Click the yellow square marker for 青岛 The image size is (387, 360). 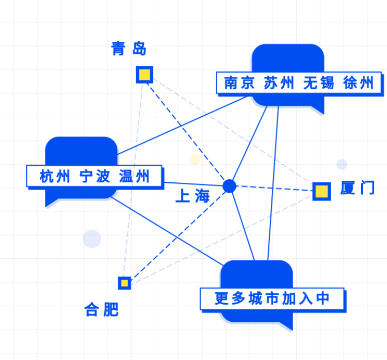[x=144, y=75]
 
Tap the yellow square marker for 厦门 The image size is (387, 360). [x=321, y=191]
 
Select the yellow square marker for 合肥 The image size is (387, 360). [x=124, y=283]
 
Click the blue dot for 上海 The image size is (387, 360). [x=229, y=186]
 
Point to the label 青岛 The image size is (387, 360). [x=129, y=49]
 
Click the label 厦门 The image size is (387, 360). [x=357, y=189]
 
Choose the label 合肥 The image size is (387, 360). [x=102, y=309]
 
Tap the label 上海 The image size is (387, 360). [x=193, y=196]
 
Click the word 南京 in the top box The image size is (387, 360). [x=239, y=83]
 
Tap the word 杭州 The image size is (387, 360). [x=55, y=177]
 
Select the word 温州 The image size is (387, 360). [x=134, y=177]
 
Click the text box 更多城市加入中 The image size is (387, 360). [x=272, y=299]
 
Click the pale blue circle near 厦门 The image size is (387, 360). [x=342, y=164]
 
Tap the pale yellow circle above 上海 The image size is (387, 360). [x=195, y=159]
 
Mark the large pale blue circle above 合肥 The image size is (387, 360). [x=92, y=239]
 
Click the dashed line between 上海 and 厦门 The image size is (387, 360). [x=273, y=189]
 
